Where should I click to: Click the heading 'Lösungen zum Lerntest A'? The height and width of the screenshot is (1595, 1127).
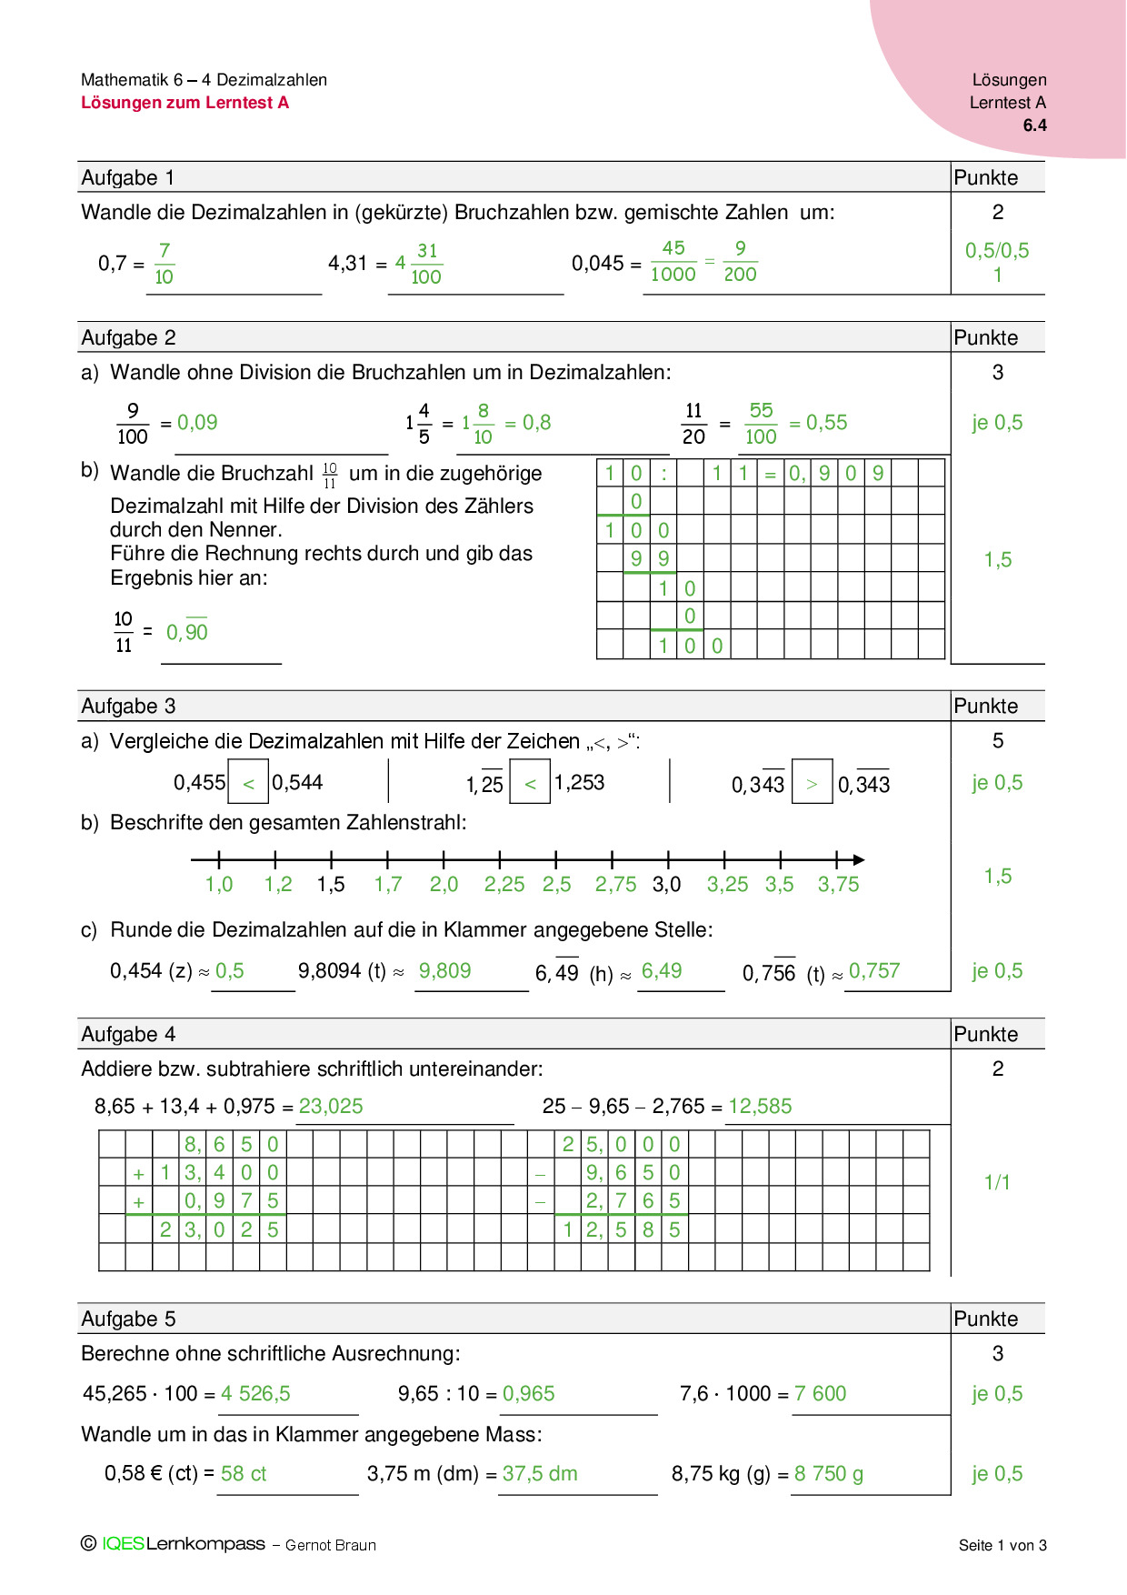185,103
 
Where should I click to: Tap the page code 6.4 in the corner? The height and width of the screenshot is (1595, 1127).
1034,125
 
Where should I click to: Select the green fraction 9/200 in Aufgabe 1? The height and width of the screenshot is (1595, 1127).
740,262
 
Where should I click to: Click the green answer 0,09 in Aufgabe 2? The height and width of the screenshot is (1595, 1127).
197,423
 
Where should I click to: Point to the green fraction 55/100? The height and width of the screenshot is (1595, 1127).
761,424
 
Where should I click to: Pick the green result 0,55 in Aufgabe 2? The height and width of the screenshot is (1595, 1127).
826,423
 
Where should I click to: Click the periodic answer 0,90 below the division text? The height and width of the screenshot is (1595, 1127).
187,632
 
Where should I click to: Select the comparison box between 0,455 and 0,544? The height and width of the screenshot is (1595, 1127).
248,783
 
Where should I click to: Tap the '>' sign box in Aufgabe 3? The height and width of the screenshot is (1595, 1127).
812,783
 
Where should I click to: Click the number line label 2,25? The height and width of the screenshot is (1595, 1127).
504,885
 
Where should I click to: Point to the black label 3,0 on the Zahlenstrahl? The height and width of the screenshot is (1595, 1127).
666,885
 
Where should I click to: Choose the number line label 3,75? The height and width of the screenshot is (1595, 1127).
838,885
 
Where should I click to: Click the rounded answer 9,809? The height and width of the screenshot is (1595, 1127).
444,971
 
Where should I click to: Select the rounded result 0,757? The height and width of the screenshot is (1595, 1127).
873,971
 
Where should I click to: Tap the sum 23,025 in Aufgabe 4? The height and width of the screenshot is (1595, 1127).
331,1107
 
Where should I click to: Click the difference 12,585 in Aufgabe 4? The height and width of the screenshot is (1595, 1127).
760,1107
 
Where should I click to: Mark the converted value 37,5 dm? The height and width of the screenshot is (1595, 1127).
540,1474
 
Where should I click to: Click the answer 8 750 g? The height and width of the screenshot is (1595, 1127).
828,1474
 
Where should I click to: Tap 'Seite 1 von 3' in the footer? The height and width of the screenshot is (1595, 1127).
1002,1545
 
